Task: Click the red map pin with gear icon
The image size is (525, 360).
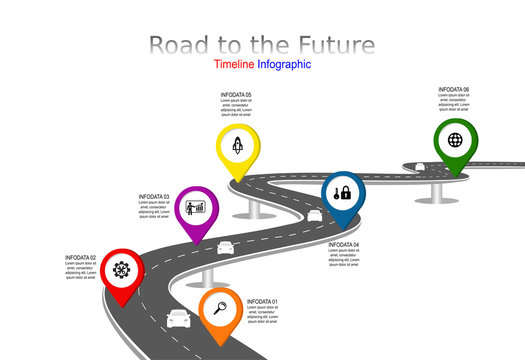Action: tap(122, 270)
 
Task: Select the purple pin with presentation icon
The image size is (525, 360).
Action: tap(197, 210)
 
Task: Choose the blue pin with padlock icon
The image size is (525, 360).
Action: tap(343, 193)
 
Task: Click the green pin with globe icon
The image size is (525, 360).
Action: tap(455, 141)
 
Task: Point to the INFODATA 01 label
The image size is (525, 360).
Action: tap(263, 301)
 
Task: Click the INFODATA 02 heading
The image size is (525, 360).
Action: tap(81, 257)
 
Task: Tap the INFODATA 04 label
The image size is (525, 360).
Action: tap(344, 244)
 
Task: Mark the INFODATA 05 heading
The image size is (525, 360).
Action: tap(236, 95)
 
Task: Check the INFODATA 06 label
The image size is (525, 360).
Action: tap(453, 89)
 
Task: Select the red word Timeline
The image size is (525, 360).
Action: tap(233, 64)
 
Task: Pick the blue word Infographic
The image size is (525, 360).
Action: tap(284, 64)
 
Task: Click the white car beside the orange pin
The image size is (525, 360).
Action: tap(178, 318)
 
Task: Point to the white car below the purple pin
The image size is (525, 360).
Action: tap(225, 247)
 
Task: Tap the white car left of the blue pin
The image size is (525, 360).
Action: tap(314, 214)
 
